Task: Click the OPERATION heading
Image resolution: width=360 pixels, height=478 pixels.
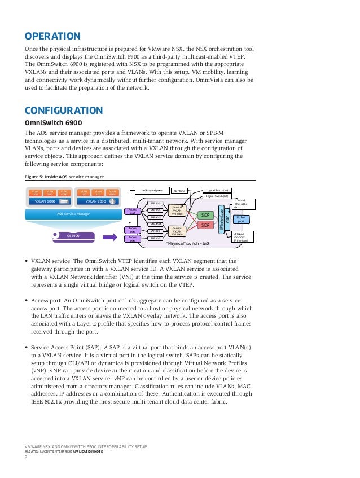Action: coord(52,37)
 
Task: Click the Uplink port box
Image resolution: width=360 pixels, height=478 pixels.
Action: coord(241,218)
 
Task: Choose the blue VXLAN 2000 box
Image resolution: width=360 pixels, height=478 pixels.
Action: coord(94,201)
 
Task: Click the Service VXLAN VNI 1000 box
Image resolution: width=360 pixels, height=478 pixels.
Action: coord(177,211)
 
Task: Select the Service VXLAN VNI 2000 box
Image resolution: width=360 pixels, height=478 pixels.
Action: coord(177,232)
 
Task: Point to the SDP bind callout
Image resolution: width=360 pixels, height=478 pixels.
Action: coord(179,191)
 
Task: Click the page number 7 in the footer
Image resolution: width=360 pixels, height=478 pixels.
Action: coord(26,457)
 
